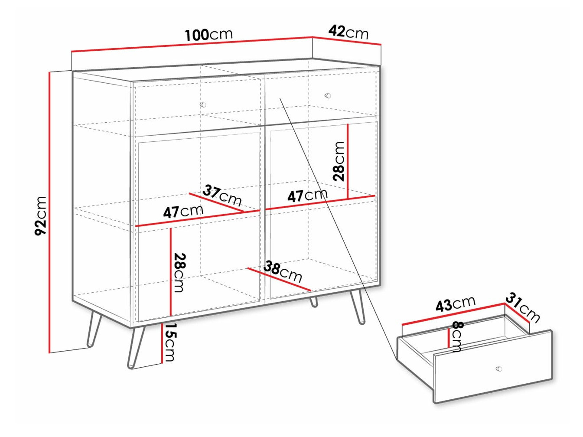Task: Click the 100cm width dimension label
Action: coord(208,35)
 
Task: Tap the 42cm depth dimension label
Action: coord(348,32)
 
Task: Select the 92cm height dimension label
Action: coord(41,215)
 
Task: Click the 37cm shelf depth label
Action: coord(222,196)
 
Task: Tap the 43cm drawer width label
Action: coord(455,303)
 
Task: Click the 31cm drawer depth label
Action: coord(522,308)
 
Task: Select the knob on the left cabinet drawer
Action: coord(203,104)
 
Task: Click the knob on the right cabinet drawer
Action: coord(328,96)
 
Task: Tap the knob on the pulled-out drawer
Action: coord(499,369)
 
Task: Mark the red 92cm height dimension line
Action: coord(49,212)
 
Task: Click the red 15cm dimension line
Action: coord(161,343)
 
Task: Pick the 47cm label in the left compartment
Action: coord(183,212)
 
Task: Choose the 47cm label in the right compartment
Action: coord(307,196)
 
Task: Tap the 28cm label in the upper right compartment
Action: coord(339,161)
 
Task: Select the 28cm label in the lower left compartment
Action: coord(179,273)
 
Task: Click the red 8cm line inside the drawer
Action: coord(449,338)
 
